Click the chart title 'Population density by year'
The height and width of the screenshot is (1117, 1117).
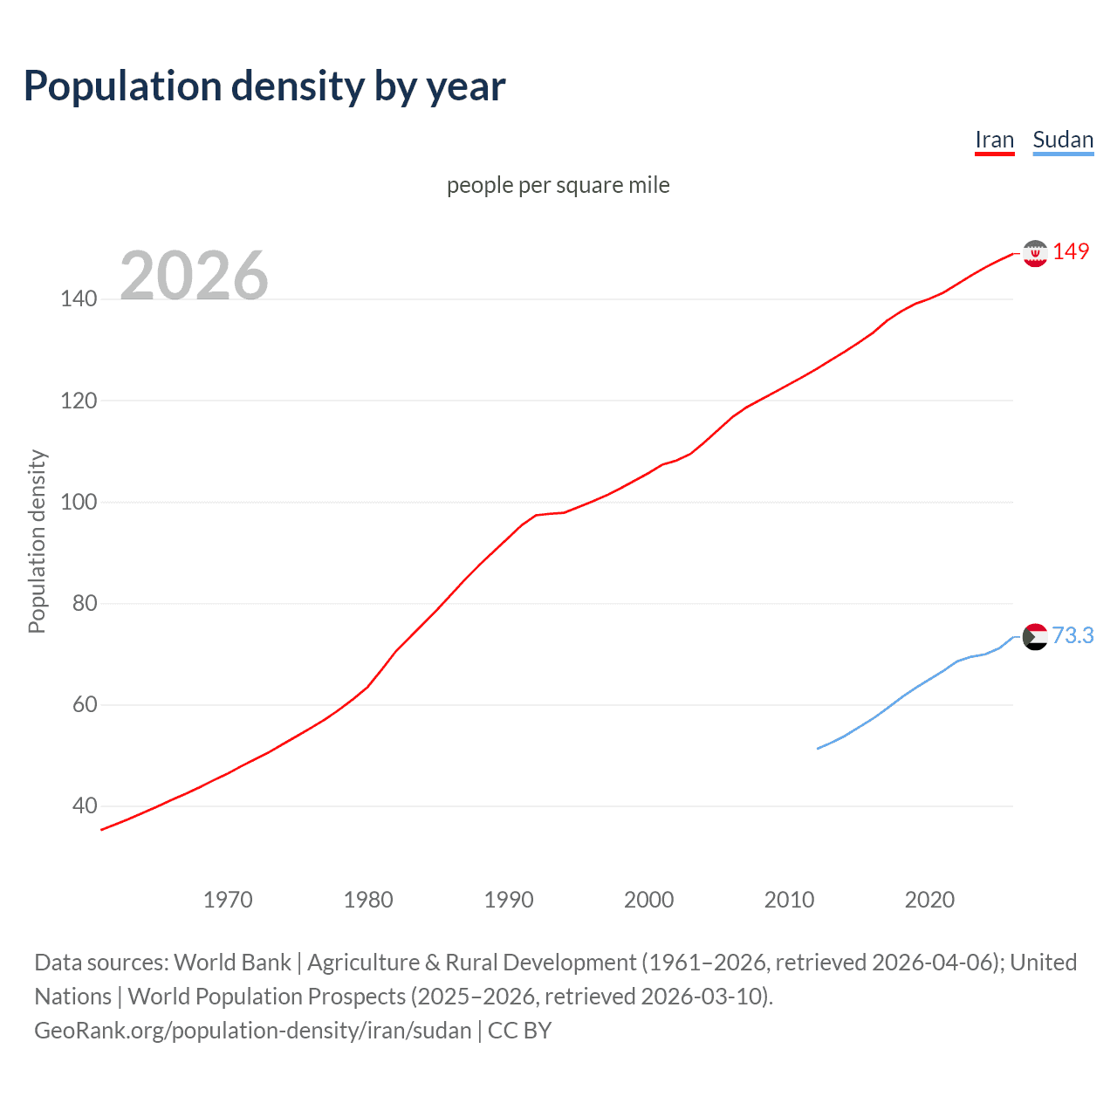point(264,86)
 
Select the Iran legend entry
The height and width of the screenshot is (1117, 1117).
point(994,140)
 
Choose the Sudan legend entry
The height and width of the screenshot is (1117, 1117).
point(1062,140)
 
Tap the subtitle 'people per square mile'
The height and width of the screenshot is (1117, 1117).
point(558,185)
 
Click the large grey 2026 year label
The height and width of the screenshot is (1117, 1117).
point(194,276)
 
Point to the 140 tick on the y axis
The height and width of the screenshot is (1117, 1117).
point(79,299)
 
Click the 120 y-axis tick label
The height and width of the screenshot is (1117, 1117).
point(79,401)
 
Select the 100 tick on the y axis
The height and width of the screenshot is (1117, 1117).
point(79,503)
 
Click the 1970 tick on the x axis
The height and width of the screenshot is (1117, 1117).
point(228,900)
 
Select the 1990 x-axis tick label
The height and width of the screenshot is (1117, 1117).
point(509,900)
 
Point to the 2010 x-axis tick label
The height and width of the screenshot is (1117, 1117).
point(789,900)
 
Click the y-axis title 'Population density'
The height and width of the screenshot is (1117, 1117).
point(37,541)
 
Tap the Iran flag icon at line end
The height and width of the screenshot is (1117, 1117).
point(1035,253)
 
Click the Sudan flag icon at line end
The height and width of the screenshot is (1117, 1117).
point(1035,637)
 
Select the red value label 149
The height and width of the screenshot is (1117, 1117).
point(1071,251)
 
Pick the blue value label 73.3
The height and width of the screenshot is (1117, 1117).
point(1072,635)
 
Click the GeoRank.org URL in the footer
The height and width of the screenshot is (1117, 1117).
point(253,1031)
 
